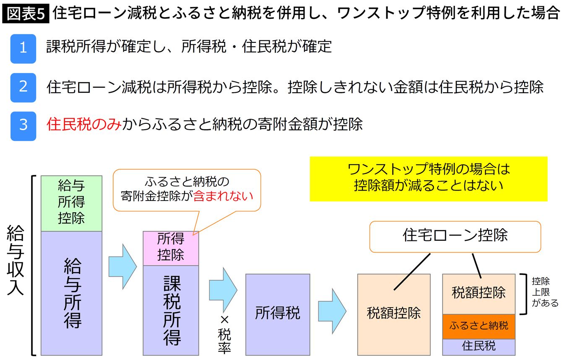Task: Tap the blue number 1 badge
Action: point(23,47)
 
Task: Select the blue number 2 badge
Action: point(23,86)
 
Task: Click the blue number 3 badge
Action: point(23,125)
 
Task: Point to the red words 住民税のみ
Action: point(84,124)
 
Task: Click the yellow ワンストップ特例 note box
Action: point(428,178)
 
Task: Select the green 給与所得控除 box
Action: point(71,203)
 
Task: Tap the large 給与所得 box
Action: point(71,293)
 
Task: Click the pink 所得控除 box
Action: point(171,248)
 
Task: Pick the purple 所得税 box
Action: point(278,314)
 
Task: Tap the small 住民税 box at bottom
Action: point(479,347)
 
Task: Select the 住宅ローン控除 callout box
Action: point(455,236)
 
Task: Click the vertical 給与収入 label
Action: point(16,261)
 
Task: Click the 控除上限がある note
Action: point(545,292)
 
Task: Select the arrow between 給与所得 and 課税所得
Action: point(122,266)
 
